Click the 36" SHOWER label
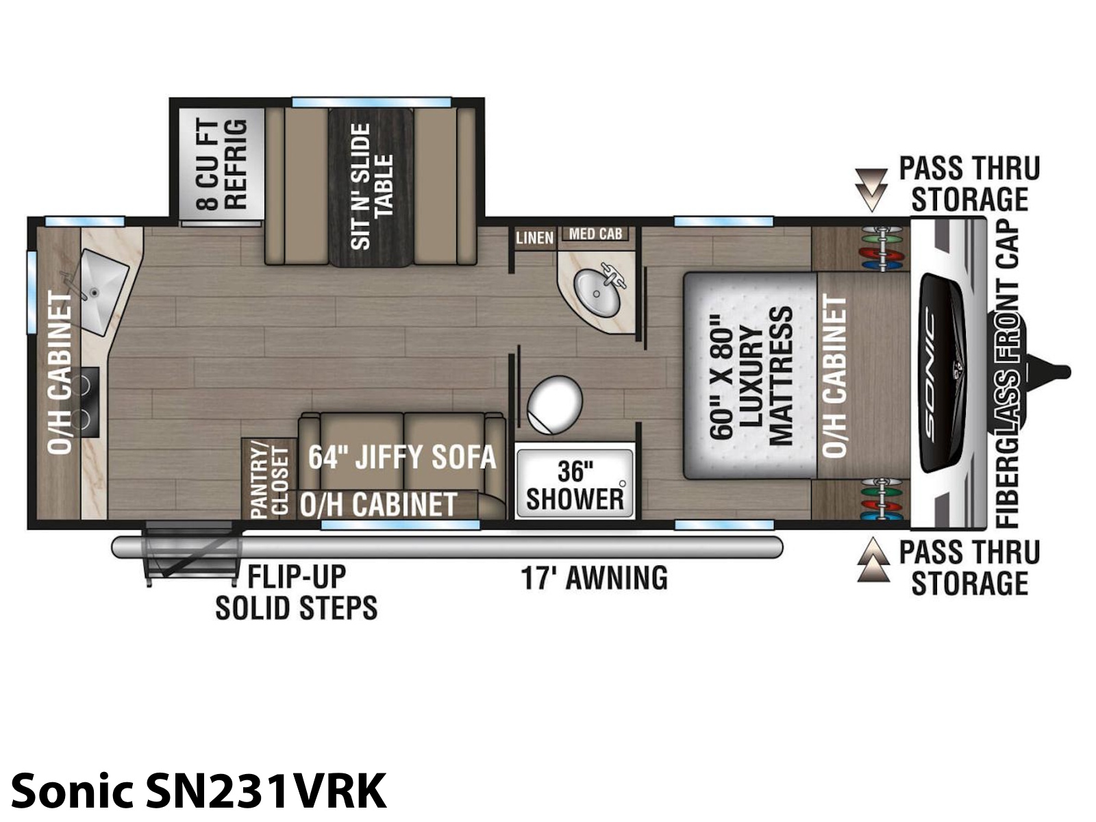click(575, 485)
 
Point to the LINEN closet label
click(535, 238)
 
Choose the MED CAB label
click(595, 234)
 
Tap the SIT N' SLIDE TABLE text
click(371, 186)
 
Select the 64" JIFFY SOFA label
click(402, 457)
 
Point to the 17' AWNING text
click(594, 578)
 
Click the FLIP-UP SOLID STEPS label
click(296, 593)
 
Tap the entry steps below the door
click(190, 553)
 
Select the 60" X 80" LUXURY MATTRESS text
click(751, 375)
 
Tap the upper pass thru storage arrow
click(871, 190)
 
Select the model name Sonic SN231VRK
click(199, 793)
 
